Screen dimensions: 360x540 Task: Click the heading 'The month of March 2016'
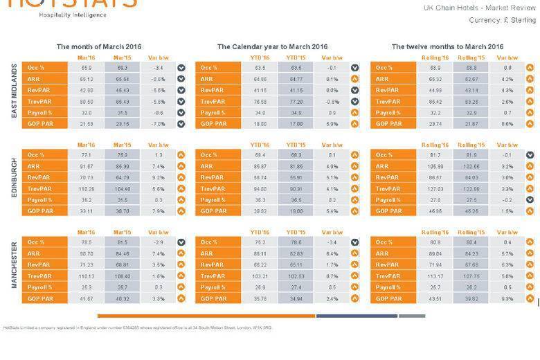click(x=99, y=46)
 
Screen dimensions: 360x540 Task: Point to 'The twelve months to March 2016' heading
click(x=447, y=46)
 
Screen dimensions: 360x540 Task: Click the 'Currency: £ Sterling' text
click(x=502, y=20)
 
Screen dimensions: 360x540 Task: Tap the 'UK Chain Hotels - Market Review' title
click(x=480, y=8)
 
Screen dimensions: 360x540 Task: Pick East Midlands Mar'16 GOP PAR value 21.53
click(x=87, y=123)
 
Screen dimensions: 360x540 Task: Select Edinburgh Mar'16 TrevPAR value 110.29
click(x=87, y=188)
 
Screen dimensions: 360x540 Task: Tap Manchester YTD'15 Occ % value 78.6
click(x=296, y=243)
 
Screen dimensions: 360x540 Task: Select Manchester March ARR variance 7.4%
click(x=157, y=254)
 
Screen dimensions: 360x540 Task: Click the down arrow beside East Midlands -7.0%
click(x=181, y=123)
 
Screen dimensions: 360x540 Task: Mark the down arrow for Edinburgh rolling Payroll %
click(x=530, y=199)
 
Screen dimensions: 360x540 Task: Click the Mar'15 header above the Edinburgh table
click(x=123, y=145)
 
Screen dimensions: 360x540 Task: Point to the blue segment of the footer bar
click(x=357, y=316)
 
